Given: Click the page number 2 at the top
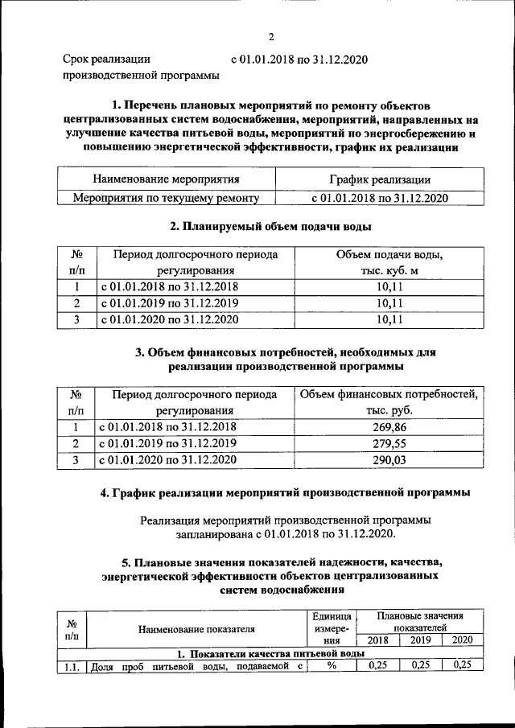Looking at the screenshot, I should tap(271, 35).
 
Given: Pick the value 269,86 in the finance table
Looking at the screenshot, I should tap(389, 426).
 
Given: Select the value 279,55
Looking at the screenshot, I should tap(389, 443).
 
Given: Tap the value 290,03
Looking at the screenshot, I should tap(389, 460).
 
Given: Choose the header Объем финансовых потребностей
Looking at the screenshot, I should tap(389, 394).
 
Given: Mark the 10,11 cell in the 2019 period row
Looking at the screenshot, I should tap(389, 303).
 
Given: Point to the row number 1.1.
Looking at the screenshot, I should tap(69, 666).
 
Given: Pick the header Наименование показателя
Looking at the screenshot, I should tap(196, 628).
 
